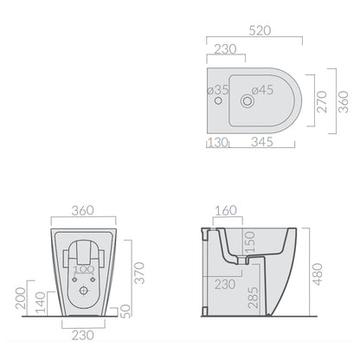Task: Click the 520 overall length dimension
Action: pos(260,30)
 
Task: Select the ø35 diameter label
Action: pos(218,90)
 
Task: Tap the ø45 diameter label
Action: pos(262,90)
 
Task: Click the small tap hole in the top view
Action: pos(218,100)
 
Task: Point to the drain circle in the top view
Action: pos(247,101)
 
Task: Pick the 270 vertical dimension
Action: pos(322,101)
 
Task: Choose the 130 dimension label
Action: pos(218,142)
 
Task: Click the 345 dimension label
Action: pos(262,142)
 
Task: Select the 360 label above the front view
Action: pos(83,210)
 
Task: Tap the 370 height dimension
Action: pos(139,273)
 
